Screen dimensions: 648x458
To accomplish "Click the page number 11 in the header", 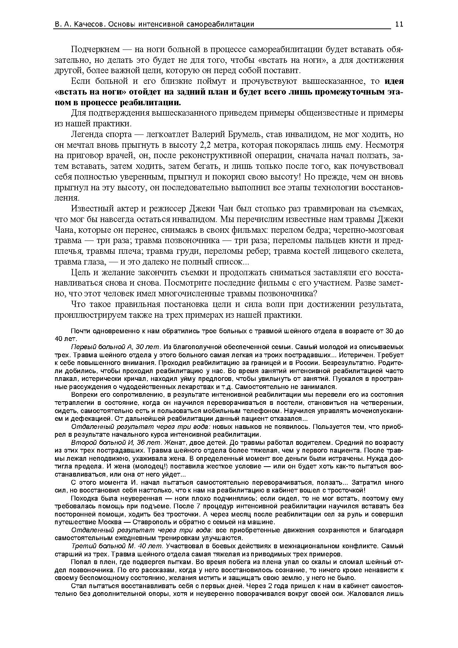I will pos(399,24).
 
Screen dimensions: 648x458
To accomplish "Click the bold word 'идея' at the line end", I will pos(394,81).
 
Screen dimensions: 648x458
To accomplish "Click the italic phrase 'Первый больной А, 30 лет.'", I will pos(116,347).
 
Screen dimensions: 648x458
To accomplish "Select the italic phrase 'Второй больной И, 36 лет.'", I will pos(116,443).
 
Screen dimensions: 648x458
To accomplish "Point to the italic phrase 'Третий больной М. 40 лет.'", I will pos(117,546).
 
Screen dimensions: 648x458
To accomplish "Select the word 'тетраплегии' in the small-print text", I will pos(74,403).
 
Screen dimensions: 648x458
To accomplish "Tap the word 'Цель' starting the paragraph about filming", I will pos(79,273).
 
